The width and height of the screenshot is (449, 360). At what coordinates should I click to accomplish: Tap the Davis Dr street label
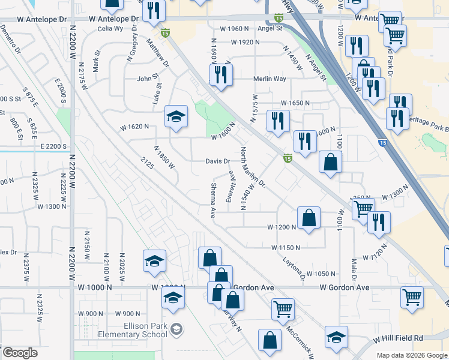(x=218, y=161)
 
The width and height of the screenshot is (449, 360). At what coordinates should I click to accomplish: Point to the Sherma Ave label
(x=212, y=200)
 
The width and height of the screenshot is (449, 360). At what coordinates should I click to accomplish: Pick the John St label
(x=147, y=77)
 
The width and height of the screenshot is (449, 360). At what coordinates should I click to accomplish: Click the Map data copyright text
(x=411, y=355)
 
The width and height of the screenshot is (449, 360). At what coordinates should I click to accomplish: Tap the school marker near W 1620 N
(x=176, y=117)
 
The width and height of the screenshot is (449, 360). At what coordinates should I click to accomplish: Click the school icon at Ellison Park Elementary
(x=176, y=329)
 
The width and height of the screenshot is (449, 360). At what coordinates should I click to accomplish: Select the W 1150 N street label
(x=285, y=247)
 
